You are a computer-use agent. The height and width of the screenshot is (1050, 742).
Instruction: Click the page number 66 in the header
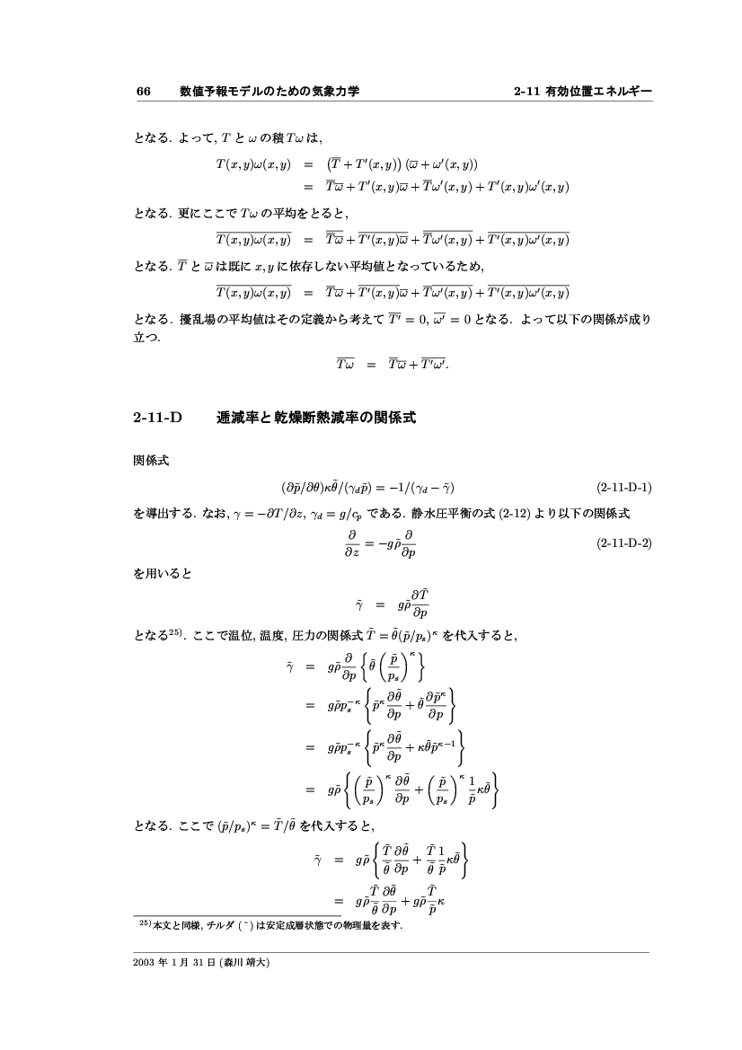(x=142, y=92)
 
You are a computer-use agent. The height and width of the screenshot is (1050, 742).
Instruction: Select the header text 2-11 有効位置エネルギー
(x=581, y=92)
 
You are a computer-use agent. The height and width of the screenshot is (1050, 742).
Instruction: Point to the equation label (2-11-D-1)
(x=623, y=488)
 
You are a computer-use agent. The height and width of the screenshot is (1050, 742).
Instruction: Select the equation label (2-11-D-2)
(x=623, y=544)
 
